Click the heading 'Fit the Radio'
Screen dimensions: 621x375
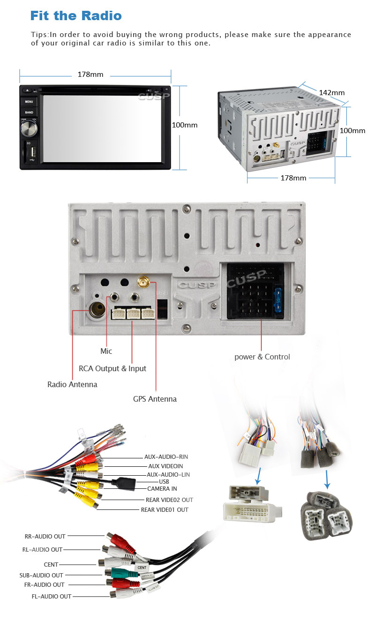pos(76,15)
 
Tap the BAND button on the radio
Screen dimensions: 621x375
pos(29,112)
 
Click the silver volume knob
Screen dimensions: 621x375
pos(29,128)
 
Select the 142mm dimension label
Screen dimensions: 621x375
pos(331,92)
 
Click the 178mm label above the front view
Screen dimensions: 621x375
pos(90,75)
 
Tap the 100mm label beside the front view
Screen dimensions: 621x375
pos(185,125)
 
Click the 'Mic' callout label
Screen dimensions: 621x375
pos(106,351)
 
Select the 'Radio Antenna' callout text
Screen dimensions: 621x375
pos(72,384)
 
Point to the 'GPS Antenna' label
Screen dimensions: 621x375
pos(155,399)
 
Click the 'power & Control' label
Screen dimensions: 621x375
pos(262,357)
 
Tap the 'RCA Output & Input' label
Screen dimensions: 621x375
pos(112,368)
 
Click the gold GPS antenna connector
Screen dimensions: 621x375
pos(142,283)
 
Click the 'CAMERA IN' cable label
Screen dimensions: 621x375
pos(162,489)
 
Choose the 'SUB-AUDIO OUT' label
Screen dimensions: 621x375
pos(41,575)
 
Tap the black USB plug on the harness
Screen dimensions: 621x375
pos(124,482)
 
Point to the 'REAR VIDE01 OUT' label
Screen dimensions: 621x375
pos(165,509)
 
